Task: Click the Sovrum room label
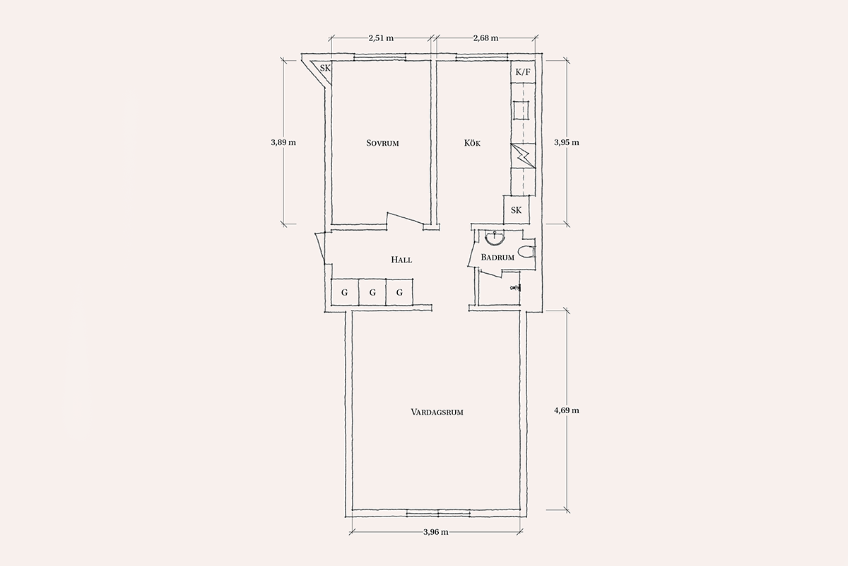(x=382, y=144)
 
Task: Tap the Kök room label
(x=472, y=143)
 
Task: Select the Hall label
(x=401, y=260)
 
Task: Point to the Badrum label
(x=497, y=258)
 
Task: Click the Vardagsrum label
(x=437, y=412)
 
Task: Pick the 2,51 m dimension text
(x=381, y=38)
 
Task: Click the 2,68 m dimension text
(x=485, y=38)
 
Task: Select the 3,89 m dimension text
(x=283, y=142)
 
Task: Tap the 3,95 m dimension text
(x=566, y=142)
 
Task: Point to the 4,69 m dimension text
(x=566, y=410)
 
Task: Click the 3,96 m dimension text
(x=436, y=532)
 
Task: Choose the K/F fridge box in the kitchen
(x=523, y=71)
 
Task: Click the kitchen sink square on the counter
(x=522, y=110)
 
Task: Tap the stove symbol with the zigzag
(x=523, y=156)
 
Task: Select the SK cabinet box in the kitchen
(x=516, y=209)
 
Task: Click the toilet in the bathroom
(x=526, y=252)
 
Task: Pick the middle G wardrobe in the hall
(x=372, y=292)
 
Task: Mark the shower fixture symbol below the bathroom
(x=516, y=288)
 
